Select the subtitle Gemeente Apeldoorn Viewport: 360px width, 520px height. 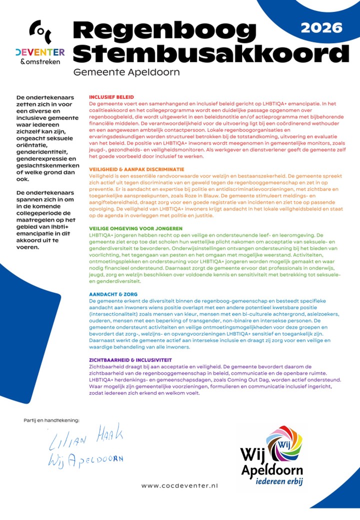point(126,72)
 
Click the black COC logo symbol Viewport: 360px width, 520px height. point(39,33)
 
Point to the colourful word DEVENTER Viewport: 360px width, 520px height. point(40,52)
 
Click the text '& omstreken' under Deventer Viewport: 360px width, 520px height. point(40,61)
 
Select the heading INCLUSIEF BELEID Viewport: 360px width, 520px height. point(111,97)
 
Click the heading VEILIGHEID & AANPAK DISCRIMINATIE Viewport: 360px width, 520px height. point(136,169)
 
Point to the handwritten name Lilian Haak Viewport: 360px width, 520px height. point(86,440)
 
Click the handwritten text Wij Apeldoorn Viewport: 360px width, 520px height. point(85,459)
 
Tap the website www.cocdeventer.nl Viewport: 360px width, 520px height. point(179,485)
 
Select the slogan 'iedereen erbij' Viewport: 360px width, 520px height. point(279,482)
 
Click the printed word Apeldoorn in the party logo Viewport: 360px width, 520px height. point(272,470)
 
